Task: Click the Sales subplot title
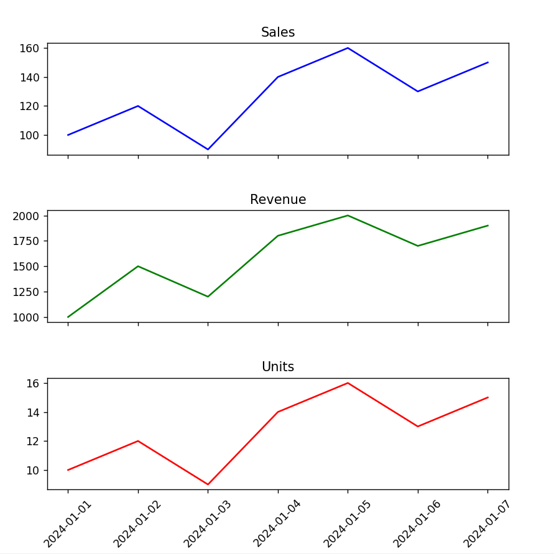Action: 277,32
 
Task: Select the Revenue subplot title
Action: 277,200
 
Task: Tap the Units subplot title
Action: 277,367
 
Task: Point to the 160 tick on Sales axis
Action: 30,48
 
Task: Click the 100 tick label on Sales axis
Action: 30,135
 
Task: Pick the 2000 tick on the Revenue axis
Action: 26,216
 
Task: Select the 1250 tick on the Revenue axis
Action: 26,292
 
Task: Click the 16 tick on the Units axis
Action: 34,383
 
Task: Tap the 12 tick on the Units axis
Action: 34,441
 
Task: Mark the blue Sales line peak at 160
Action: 348,48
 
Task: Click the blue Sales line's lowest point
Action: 208,149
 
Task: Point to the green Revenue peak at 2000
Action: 348,216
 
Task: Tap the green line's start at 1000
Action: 68,317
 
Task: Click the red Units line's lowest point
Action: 208,484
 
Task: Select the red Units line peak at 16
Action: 348,383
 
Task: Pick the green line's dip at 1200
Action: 208,297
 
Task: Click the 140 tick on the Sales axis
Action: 30,77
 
